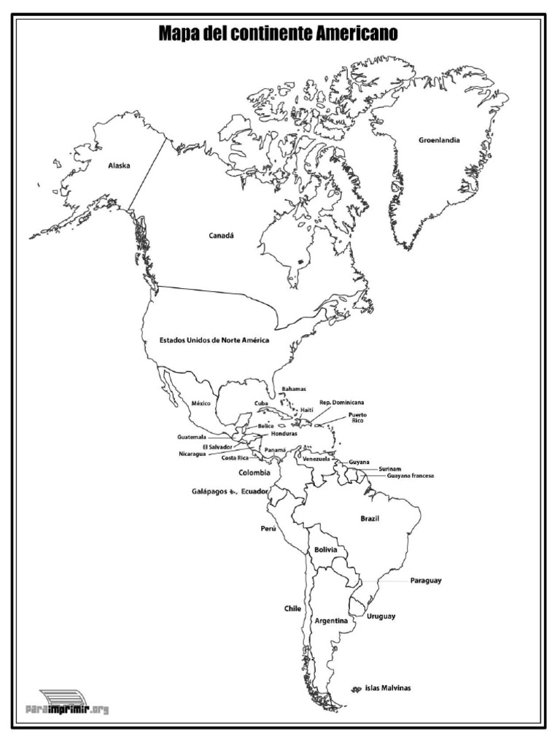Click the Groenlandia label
[x=439, y=140]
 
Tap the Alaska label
[x=119, y=166]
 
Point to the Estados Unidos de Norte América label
[x=215, y=341]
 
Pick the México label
[x=201, y=403]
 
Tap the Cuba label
[x=261, y=403]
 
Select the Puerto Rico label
[x=357, y=418]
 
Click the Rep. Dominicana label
[x=342, y=402]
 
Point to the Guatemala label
[x=191, y=437]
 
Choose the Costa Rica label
[x=235, y=457]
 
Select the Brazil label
[x=370, y=518]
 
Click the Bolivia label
[x=325, y=549]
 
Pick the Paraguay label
[x=427, y=581]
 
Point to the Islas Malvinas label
[x=388, y=688]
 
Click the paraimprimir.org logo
[x=66, y=703]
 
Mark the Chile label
[x=292, y=608]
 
